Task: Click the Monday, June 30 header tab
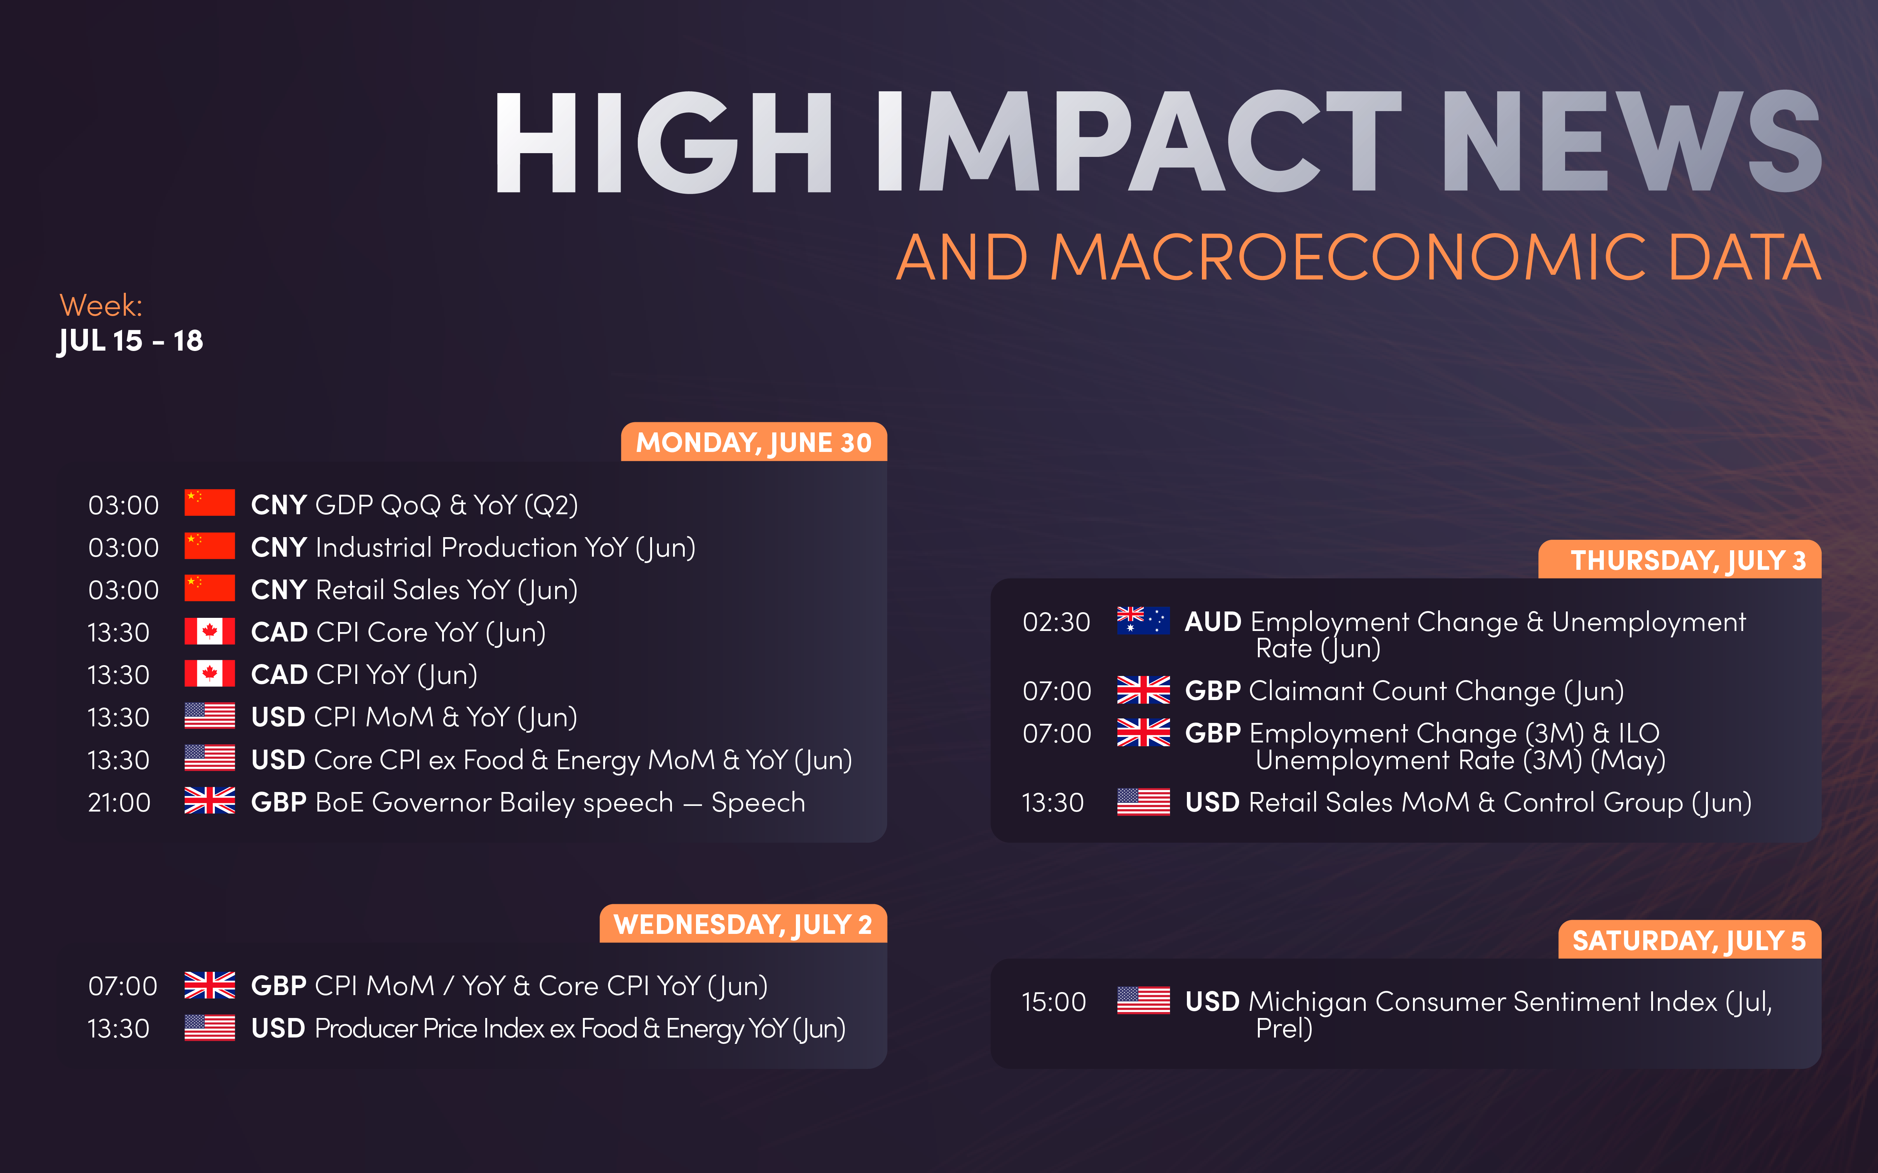pyautogui.click(x=753, y=442)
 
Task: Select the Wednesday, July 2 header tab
pyautogui.click(x=743, y=924)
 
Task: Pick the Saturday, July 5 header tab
pyautogui.click(x=1689, y=940)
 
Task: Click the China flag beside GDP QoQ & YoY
pyautogui.click(x=210, y=503)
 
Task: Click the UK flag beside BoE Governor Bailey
pyautogui.click(x=210, y=801)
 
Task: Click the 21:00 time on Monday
pyautogui.click(x=119, y=802)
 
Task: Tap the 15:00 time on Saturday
pyautogui.click(x=1053, y=1001)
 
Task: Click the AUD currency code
pyautogui.click(x=1213, y=622)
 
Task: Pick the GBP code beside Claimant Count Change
pyautogui.click(x=1213, y=690)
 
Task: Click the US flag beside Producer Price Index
pyautogui.click(x=210, y=1027)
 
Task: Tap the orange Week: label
pyautogui.click(x=101, y=306)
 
